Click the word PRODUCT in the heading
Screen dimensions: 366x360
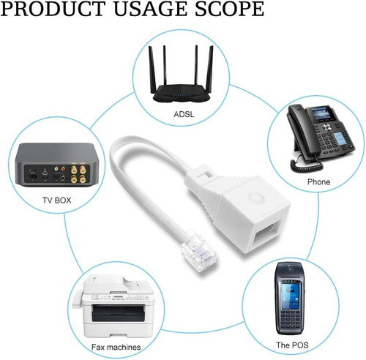point(53,9)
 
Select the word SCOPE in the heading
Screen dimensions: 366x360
point(230,9)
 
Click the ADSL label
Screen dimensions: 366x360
point(184,114)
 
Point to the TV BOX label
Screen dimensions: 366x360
point(57,200)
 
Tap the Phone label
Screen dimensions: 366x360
point(318,181)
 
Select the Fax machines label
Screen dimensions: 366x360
point(116,347)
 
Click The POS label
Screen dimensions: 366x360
point(292,345)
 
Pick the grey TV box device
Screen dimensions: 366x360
point(57,165)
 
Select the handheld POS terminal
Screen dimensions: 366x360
point(290,299)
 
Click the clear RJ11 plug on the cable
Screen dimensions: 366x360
point(199,251)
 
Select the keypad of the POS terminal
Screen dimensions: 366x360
point(290,321)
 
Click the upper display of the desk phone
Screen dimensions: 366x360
point(320,113)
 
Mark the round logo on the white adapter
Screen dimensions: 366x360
point(254,198)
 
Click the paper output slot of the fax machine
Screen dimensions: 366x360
point(118,313)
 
